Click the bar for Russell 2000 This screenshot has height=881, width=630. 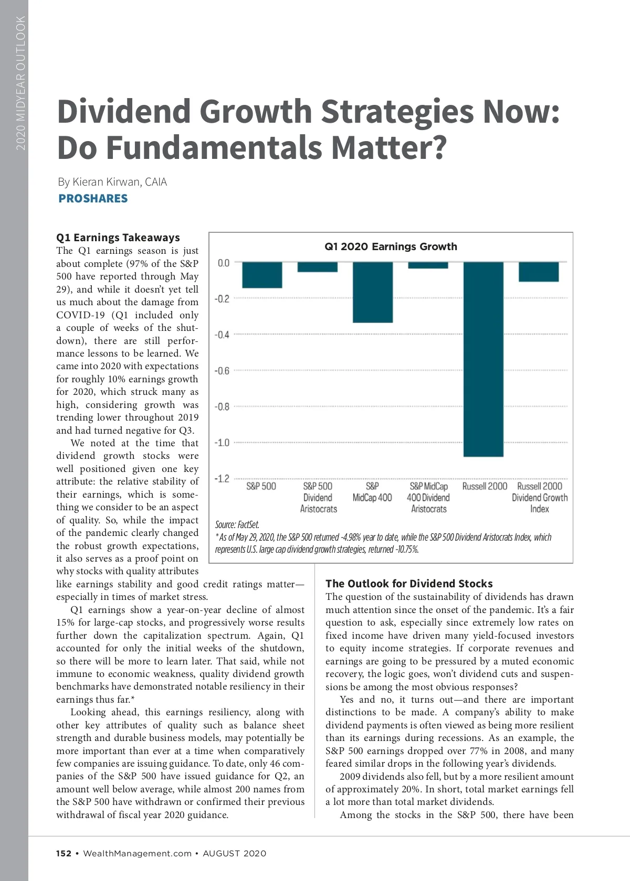(483, 359)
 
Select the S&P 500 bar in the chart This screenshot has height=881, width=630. (262, 275)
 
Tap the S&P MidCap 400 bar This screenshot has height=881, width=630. (373, 292)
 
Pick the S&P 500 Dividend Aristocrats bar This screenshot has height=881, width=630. (318, 267)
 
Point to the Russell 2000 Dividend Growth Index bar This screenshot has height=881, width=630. (539, 272)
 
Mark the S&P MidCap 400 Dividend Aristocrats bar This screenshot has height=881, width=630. (428, 265)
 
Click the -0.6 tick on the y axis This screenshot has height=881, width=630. (222, 371)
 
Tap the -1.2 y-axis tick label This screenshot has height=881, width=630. (222, 478)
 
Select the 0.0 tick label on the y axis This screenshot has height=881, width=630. (224, 263)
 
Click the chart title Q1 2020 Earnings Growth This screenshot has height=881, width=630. (391, 246)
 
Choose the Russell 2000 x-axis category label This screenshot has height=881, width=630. (485, 486)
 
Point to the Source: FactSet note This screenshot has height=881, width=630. (237, 524)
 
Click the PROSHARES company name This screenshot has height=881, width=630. (93, 199)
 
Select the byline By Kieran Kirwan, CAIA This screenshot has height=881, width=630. (112, 182)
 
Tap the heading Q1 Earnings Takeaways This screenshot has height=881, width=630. (118, 238)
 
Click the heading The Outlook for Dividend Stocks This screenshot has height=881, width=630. (409, 584)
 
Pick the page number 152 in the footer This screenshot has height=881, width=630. (64, 853)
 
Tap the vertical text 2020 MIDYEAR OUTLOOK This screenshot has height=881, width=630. (20, 83)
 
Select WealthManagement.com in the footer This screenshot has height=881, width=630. (138, 853)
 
